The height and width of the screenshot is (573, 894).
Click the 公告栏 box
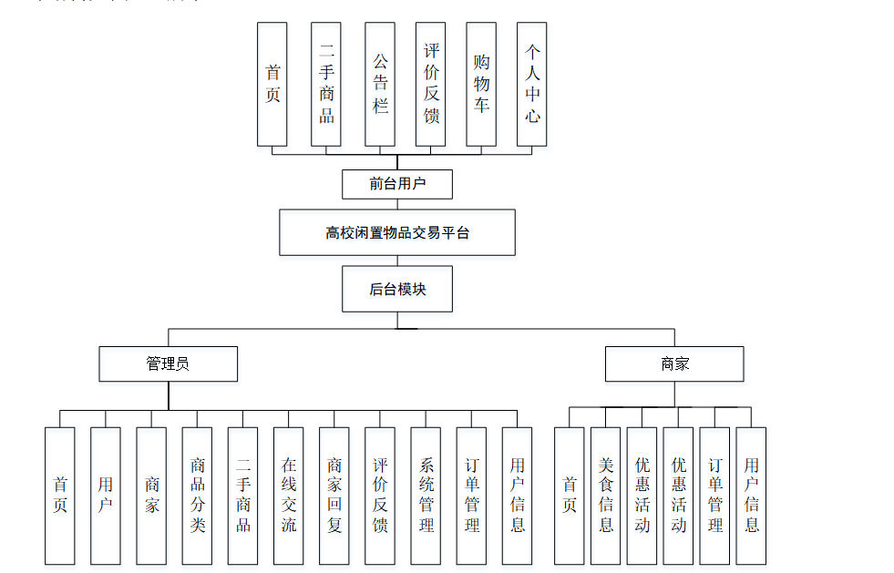point(380,84)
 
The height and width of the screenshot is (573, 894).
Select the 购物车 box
point(481,84)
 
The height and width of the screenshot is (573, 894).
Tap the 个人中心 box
point(532,84)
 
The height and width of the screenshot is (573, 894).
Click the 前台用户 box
point(397,184)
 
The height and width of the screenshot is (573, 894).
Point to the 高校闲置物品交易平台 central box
point(397,232)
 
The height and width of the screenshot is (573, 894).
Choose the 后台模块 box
point(397,290)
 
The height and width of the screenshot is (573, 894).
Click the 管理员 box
point(168,363)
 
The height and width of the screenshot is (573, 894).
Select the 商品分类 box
point(197,496)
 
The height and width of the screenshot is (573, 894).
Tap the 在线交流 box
point(288,496)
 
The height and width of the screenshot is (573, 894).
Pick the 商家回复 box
point(334,496)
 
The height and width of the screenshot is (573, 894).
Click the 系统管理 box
point(426,496)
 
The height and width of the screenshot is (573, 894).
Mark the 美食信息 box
point(606,496)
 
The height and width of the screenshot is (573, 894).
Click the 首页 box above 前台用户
point(272,84)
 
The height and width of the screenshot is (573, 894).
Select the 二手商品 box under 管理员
point(242,496)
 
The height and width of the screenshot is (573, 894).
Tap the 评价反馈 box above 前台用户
point(431,84)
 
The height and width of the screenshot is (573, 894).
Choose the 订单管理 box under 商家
point(715,496)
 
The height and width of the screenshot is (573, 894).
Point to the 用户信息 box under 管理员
point(517,496)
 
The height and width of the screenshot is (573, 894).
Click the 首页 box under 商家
point(570,496)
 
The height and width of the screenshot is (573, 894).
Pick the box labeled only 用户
point(106,496)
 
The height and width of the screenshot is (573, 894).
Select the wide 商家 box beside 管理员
point(674,363)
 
